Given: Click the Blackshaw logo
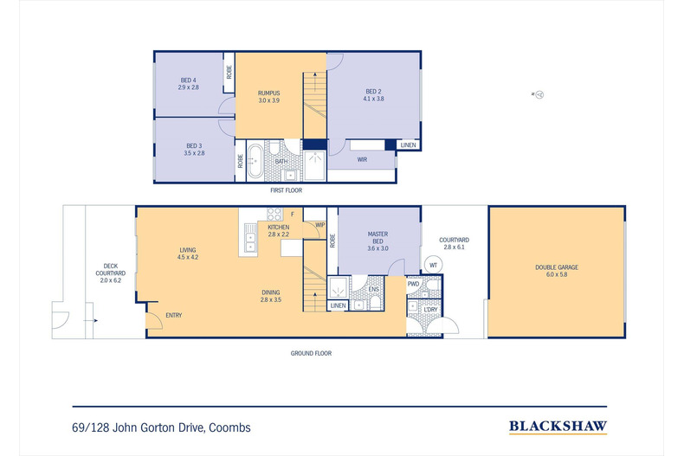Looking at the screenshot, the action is [x=558, y=427].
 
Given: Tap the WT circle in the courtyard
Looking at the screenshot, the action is [x=433, y=265].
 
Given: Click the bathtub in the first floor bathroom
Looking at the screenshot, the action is [x=255, y=160].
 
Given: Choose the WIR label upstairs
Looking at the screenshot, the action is [x=362, y=159].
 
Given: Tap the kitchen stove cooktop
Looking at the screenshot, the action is [x=274, y=214].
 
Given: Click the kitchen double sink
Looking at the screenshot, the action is [x=250, y=242].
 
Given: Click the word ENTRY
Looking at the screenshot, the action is [x=174, y=315].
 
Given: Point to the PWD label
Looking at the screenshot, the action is [x=413, y=284].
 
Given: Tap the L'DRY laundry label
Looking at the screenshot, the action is [x=430, y=310].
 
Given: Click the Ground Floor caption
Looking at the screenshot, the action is [x=311, y=353].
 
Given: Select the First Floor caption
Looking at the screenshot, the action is [x=287, y=190].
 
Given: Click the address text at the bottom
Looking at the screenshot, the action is [x=161, y=427].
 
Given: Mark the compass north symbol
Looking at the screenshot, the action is [x=539, y=94].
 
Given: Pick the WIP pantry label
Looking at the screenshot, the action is [x=319, y=225].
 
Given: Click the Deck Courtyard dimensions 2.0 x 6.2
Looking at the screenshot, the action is [x=110, y=280].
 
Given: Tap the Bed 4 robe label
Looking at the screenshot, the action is [x=229, y=73].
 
